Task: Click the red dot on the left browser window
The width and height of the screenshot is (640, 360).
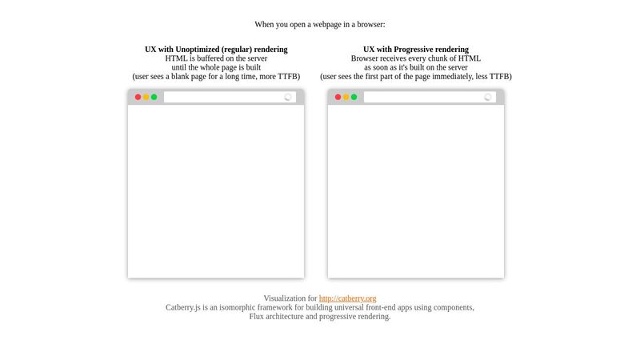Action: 138,97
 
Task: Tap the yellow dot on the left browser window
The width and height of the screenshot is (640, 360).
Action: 146,97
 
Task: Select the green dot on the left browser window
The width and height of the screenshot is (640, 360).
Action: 154,97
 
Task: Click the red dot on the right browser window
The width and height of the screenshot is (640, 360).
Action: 338,97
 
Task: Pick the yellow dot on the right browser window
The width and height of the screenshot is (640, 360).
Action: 346,97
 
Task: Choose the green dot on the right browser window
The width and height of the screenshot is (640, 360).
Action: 354,97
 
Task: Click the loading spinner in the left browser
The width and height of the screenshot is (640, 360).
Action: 288,97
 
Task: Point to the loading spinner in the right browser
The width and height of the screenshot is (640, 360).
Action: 488,97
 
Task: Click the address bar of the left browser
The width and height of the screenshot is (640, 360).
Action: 224,97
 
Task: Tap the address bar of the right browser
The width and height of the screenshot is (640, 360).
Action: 424,97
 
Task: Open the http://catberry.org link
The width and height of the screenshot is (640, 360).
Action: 347,298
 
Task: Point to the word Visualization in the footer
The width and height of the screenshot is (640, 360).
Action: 285,298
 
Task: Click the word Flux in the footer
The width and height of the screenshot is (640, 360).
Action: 258,317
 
